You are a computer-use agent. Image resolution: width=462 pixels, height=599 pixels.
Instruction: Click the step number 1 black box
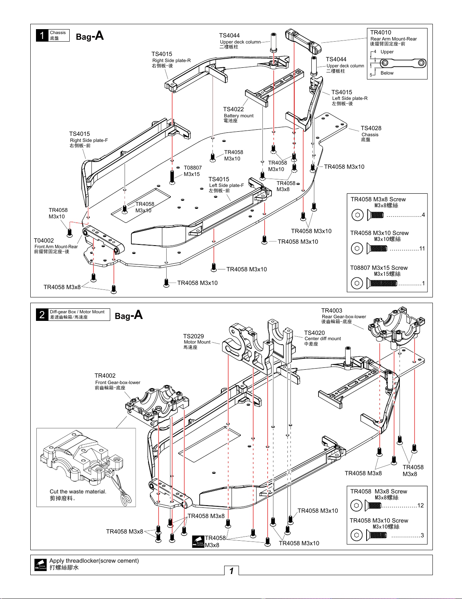(42, 35)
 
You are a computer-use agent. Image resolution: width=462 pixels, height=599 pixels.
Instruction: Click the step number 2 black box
(42, 315)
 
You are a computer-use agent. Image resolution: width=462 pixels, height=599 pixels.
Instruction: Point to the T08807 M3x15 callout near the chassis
(192, 171)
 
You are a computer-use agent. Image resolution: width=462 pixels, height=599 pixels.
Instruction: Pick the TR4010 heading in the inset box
(381, 33)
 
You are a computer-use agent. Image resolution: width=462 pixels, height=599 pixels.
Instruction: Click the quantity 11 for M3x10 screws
(422, 249)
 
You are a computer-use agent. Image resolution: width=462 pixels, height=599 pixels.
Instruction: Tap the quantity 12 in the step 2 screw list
(420, 506)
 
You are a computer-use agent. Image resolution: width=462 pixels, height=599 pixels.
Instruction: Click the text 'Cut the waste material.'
(78, 492)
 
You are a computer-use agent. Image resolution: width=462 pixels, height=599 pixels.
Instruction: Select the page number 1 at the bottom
(231, 571)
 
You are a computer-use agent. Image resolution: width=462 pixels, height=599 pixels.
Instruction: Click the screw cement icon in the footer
(41, 565)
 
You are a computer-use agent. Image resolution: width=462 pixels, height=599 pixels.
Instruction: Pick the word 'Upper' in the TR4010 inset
(387, 52)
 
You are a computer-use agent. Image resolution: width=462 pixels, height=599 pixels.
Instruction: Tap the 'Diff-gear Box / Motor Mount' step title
(77, 312)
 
